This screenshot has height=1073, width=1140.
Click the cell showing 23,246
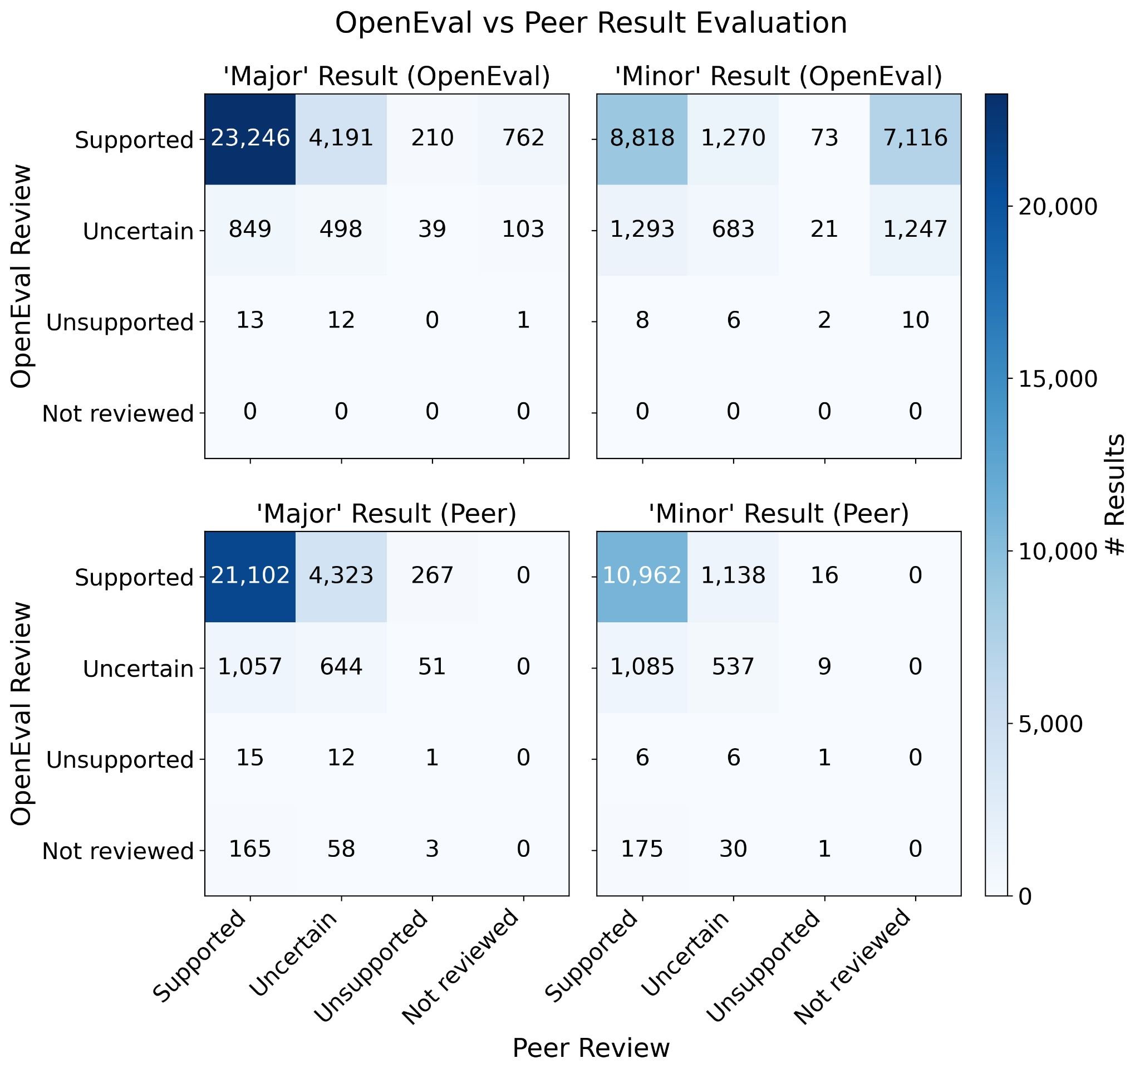(250, 138)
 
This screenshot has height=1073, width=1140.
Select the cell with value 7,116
(915, 138)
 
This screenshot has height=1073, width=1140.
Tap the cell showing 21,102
(250, 575)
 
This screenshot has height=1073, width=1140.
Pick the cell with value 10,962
(642, 575)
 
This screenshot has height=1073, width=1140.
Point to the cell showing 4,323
(341, 575)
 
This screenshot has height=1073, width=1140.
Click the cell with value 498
(341, 230)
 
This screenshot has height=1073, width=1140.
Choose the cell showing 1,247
(915, 230)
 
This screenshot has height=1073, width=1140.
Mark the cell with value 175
(642, 848)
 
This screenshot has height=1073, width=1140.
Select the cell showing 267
(432, 575)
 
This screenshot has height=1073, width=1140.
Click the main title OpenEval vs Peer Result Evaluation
(591, 24)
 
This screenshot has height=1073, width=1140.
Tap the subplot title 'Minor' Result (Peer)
(778, 514)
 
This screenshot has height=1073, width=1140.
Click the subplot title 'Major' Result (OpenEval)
(386, 76)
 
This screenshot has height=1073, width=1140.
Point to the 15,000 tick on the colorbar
(1058, 379)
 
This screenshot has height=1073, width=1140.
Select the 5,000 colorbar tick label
(1058, 724)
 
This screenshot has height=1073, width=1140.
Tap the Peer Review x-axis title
(591, 1048)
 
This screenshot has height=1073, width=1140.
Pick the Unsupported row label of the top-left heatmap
(120, 323)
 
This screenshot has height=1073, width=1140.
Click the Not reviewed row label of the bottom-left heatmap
(117, 851)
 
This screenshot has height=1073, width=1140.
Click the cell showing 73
(824, 138)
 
